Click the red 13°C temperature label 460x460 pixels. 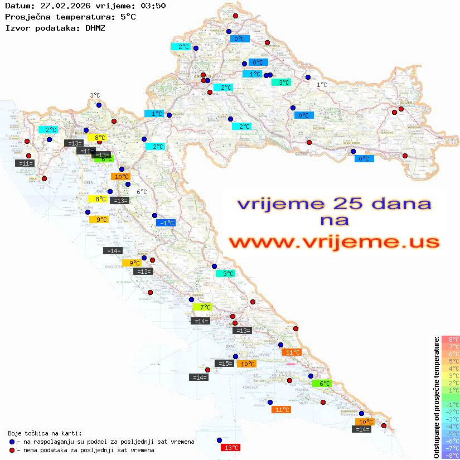coord(231,447)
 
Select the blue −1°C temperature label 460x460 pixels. coord(166,222)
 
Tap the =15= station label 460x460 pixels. coord(224,364)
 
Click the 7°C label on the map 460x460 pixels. coord(202,307)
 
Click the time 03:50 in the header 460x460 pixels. coord(154,6)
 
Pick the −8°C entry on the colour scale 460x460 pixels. coord(451,456)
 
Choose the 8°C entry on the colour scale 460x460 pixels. coord(451,340)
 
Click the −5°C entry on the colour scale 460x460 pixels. coord(451,433)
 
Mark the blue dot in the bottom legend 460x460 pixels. coord(11,442)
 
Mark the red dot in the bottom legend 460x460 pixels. coord(11,450)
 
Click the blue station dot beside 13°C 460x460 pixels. coord(219,439)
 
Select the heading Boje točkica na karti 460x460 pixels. coord(45,433)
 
